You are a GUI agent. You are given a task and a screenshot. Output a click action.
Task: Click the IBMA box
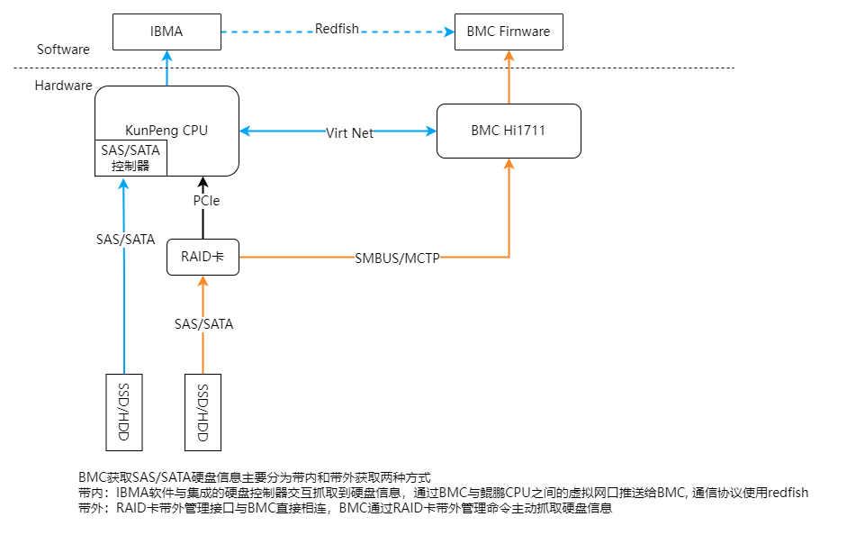pyautogui.click(x=167, y=32)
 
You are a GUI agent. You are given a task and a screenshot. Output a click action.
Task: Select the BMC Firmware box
pyautogui.click(x=509, y=32)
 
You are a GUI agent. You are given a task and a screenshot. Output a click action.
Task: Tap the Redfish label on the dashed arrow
pyautogui.click(x=337, y=29)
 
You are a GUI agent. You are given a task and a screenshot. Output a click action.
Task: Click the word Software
pyautogui.click(x=63, y=50)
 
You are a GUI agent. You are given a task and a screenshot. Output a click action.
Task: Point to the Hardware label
pyautogui.click(x=63, y=86)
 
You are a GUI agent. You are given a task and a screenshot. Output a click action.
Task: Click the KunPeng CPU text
pyautogui.click(x=167, y=131)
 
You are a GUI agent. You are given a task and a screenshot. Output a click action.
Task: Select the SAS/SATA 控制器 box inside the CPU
pyautogui.click(x=131, y=159)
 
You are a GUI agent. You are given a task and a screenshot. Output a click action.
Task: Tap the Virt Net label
pyautogui.click(x=349, y=133)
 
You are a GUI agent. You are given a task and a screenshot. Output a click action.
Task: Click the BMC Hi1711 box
pyautogui.click(x=509, y=131)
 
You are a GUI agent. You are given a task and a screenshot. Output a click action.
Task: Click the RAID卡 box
pyautogui.click(x=203, y=257)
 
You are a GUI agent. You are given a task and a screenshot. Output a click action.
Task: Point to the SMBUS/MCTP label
pyautogui.click(x=397, y=258)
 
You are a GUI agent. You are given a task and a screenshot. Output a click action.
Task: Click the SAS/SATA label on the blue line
pyautogui.click(x=125, y=240)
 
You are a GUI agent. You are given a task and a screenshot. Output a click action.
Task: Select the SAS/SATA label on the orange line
pyautogui.click(x=203, y=323)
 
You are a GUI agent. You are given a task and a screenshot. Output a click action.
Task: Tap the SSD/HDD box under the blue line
pyautogui.click(x=124, y=411)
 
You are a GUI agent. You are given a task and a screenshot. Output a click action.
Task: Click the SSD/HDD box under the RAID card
pyautogui.click(x=203, y=411)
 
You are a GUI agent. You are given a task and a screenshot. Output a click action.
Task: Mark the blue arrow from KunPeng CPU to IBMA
pyautogui.click(x=167, y=68)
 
